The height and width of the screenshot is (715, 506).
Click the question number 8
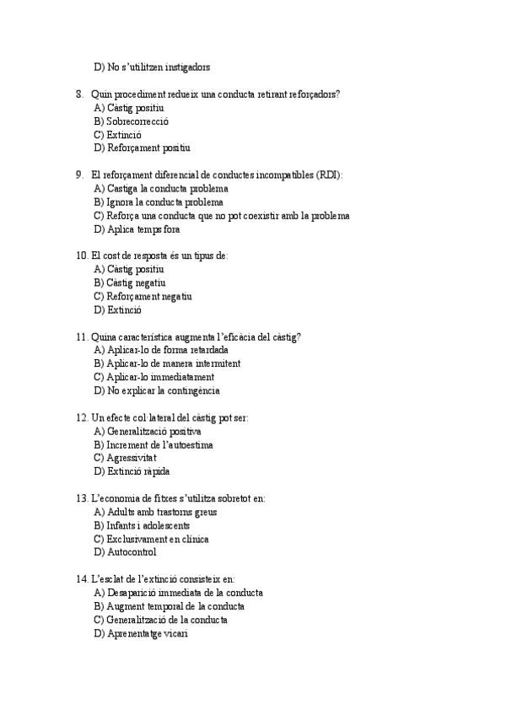[x=79, y=94]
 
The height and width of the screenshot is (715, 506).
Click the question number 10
[x=81, y=255]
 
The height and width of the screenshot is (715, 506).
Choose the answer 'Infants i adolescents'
[x=143, y=525]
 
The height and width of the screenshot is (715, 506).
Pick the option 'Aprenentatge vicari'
[x=141, y=633]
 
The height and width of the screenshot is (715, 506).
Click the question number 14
[x=81, y=579]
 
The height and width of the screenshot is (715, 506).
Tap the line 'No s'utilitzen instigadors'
[x=153, y=67]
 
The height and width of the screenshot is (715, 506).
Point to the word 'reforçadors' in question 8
[x=313, y=94]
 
